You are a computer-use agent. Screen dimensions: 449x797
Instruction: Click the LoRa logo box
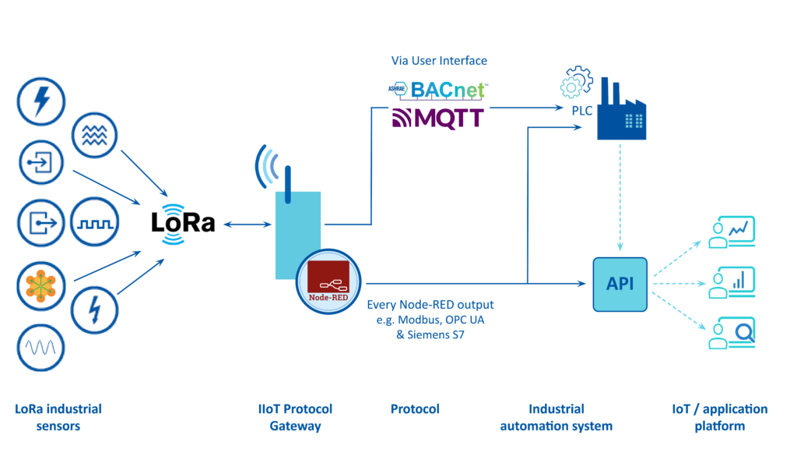(x=184, y=224)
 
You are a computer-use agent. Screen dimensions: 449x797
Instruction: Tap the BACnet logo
(x=437, y=90)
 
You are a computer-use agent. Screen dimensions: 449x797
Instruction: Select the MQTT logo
(x=437, y=118)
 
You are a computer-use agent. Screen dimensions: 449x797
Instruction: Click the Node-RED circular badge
(x=328, y=281)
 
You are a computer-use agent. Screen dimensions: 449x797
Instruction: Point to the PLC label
(x=582, y=111)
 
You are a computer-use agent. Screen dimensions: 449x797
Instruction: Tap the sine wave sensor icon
(x=40, y=345)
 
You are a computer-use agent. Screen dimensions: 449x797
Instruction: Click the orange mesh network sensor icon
(x=40, y=285)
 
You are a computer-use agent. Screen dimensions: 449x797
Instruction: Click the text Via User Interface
(x=439, y=60)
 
